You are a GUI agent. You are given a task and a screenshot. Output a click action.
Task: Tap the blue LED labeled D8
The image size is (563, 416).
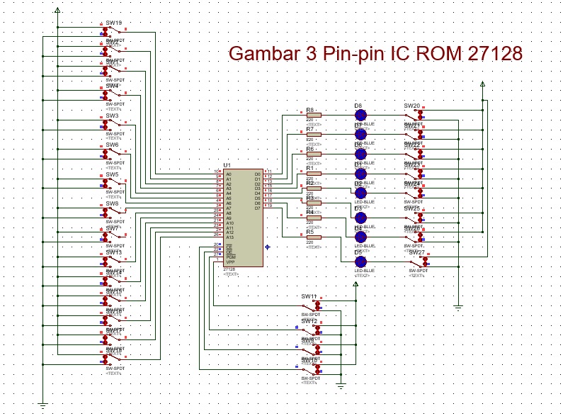pyautogui.click(x=360, y=115)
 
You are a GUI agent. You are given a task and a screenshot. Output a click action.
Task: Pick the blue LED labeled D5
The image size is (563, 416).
pyautogui.click(x=360, y=262)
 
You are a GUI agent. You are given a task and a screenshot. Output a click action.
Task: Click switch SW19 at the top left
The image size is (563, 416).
pyautogui.click(x=113, y=30)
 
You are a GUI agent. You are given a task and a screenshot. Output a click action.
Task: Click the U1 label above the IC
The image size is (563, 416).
pyautogui.click(x=227, y=165)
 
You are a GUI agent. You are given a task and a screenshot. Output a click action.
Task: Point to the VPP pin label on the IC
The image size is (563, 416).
pyautogui.click(x=230, y=262)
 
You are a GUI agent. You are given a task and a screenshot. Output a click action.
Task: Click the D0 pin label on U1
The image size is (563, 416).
pyautogui.click(x=257, y=174)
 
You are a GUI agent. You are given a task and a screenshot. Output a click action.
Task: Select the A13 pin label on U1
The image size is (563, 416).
pyautogui.click(x=230, y=237)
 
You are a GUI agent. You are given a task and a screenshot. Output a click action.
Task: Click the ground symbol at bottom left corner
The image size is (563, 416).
pyautogui.click(x=42, y=405)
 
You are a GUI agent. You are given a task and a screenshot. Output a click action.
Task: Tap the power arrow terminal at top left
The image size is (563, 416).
pyautogui.click(x=57, y=11)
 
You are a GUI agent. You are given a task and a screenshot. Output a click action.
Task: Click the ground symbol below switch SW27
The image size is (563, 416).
pyautogui.click(x=458, y=307)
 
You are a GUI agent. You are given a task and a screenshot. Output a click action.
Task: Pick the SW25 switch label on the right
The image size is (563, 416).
pyautogui.click(x=412, y=208)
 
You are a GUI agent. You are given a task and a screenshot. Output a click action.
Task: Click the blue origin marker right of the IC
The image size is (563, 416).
pyautogui.click(x=267, y=247)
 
